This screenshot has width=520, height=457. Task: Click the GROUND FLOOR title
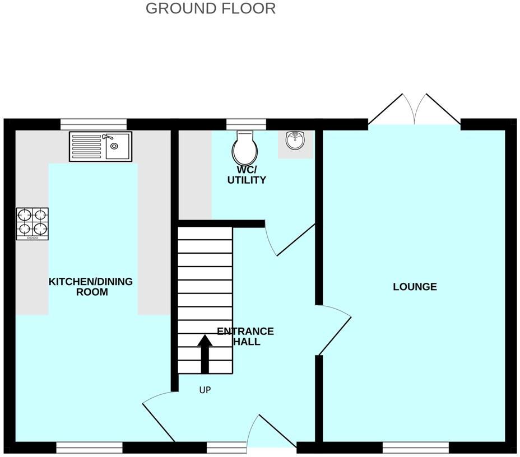pos(211,8)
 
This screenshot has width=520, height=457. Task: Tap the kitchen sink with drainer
pos(101,146)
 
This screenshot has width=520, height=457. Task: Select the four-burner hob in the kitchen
pos(32,223)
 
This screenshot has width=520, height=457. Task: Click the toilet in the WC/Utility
pos(245,147)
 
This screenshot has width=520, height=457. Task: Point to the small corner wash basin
pos(295,141)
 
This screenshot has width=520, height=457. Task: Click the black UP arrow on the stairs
pos(205,353)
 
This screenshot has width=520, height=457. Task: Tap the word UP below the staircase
pos(205,390)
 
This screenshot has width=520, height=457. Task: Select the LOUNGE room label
pos(415,287)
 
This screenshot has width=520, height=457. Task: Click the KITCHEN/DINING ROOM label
pos(91,286)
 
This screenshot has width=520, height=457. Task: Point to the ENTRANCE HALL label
pos(245,336)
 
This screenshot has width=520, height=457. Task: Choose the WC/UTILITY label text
pos(246,175)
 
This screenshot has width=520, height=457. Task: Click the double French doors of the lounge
pos(414,110)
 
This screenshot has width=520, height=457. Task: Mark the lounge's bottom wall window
pos(415,447)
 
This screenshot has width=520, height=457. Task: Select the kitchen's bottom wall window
pos(89,447)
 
